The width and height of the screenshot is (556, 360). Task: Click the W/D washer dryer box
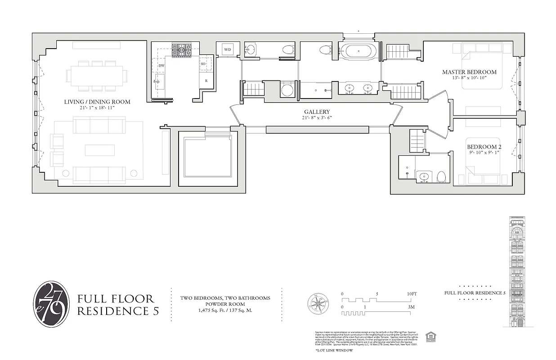(228, 50)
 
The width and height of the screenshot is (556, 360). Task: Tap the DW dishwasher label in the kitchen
(161, 66)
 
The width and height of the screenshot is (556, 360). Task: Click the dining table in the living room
(97, 75)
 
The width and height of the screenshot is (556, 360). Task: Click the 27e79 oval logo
(52, 304)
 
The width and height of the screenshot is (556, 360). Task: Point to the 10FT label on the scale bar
(412, 294)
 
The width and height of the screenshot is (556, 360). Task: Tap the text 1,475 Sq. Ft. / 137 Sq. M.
(225, 310)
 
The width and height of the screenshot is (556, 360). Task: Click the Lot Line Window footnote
(334, 350)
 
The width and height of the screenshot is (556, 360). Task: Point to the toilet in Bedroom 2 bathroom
(441, 176)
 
